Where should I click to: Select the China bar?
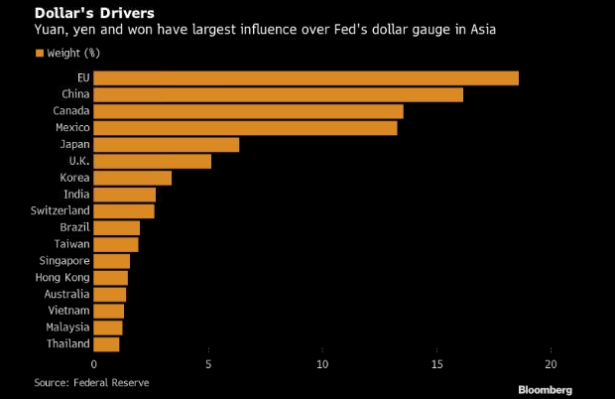tap(279, 94)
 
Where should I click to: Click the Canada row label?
tap(70, 111)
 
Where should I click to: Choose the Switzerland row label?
tap(60, 210)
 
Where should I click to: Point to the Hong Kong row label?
tap(61, 277)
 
